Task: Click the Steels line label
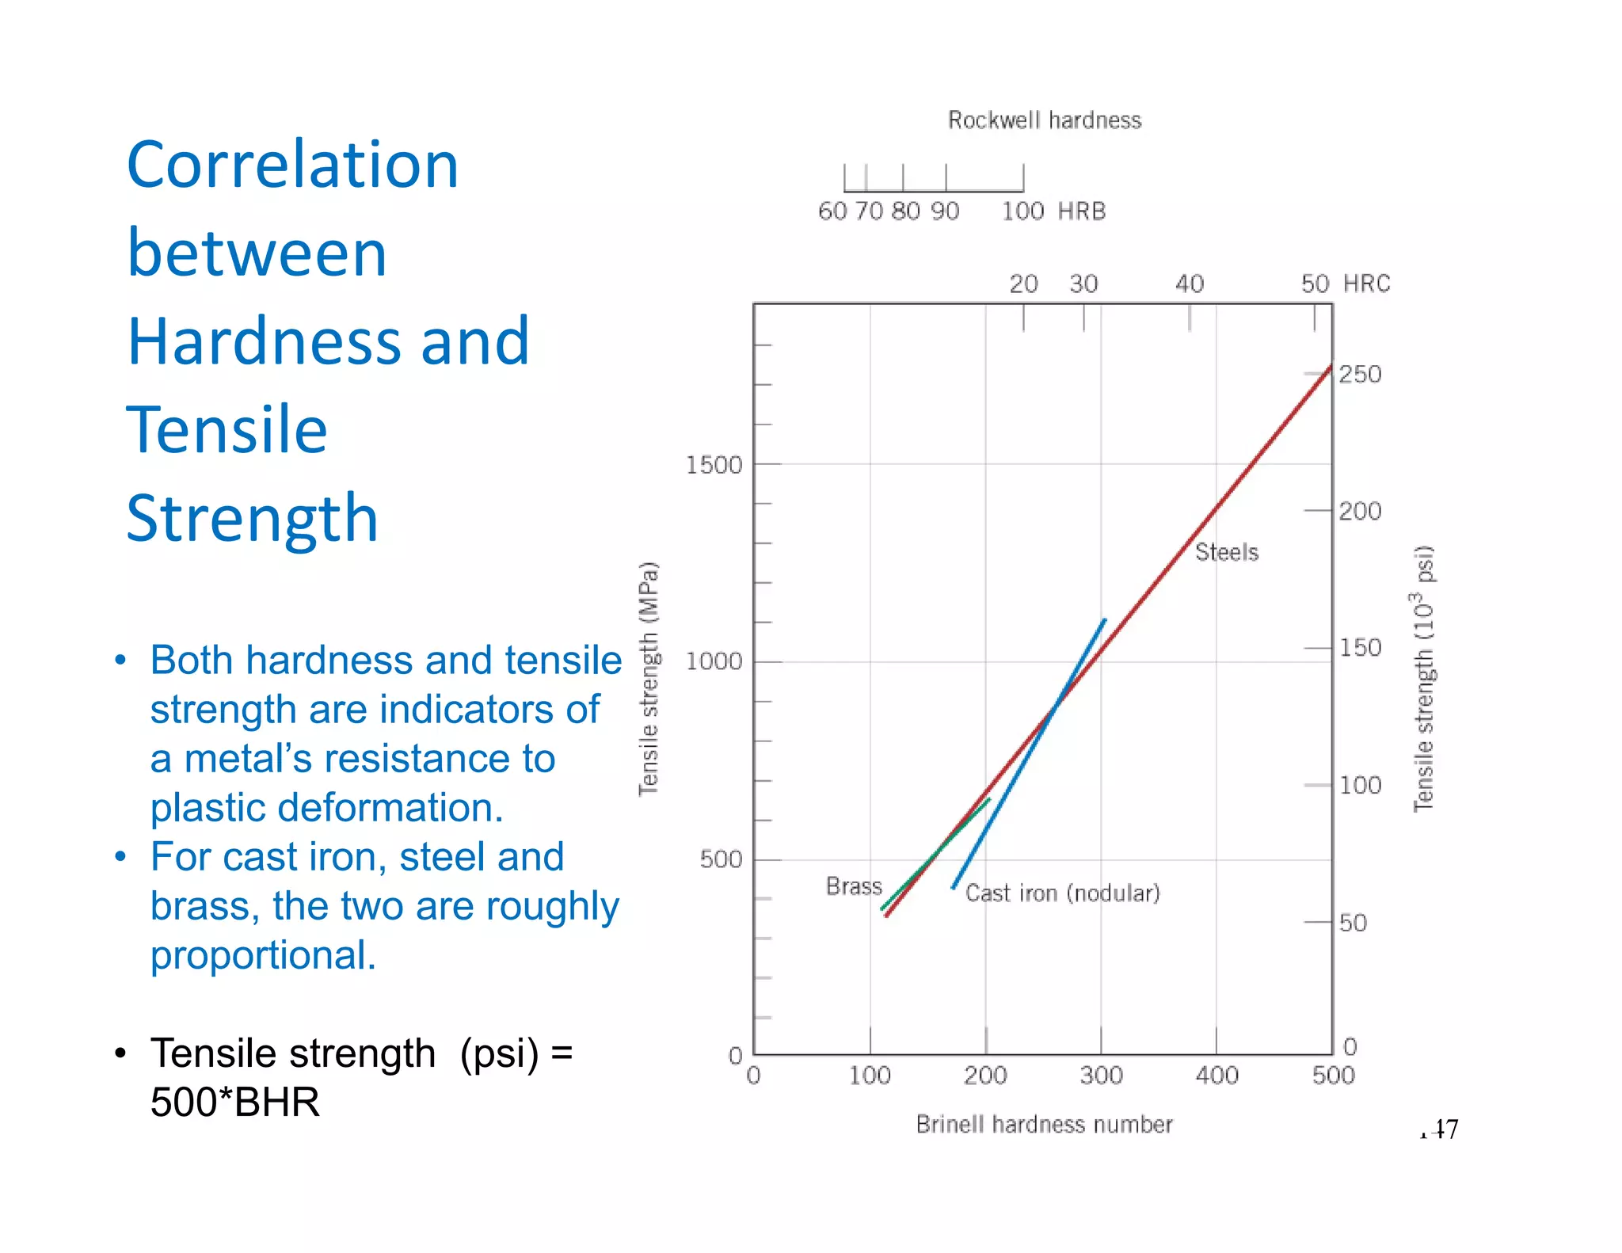(x=1226, y=552)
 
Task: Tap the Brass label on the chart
(x=853, y=885)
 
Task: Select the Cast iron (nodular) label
(x=1062, y=893)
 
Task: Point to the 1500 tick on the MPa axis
(x=714, y=465)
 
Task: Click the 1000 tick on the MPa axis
(x=714, y=661)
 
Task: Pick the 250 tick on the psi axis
(x=1360, y=374)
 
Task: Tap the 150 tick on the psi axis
(x=1360, y=648)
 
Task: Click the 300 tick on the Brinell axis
(x=1101, y=1076)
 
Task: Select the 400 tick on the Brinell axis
(x=1216, y=1076)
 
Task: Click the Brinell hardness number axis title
(x=1044, y=1124)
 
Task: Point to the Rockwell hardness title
(x=1044, y=120)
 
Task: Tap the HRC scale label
(x=1367, y=284)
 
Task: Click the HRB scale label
(x=1081, y=211)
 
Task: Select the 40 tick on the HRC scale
(x=1189, y=284)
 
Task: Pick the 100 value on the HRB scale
(x=1022, y=211)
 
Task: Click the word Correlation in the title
(x=292, y=165)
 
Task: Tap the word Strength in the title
(x=252, y=518)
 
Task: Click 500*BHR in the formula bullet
(x=235, y=1102)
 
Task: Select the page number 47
(x=1444, y=1129)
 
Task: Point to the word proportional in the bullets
(x=263, y=954)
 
